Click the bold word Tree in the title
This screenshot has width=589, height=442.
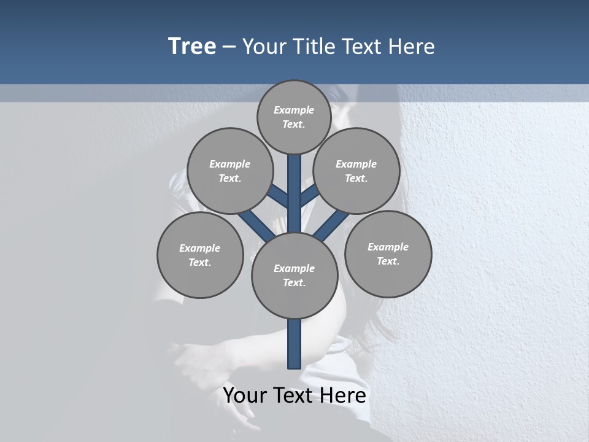tap(192, 47)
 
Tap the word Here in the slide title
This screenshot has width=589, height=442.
tap(412, 47)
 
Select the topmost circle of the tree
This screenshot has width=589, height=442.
tap(294, 117)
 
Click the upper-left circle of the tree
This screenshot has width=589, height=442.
tap(229, 171)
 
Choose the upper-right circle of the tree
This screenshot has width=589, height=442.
tap(356, 171)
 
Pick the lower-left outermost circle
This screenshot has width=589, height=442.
tap(200, 255)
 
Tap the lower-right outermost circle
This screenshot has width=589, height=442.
tap(388, 254)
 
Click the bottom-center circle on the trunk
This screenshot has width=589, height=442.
tap(294, 276)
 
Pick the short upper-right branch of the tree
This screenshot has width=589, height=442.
tap(310, 196)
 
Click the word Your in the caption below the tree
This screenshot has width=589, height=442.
tap(244, 395)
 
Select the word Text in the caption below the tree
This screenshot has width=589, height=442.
tap(294, 395)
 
